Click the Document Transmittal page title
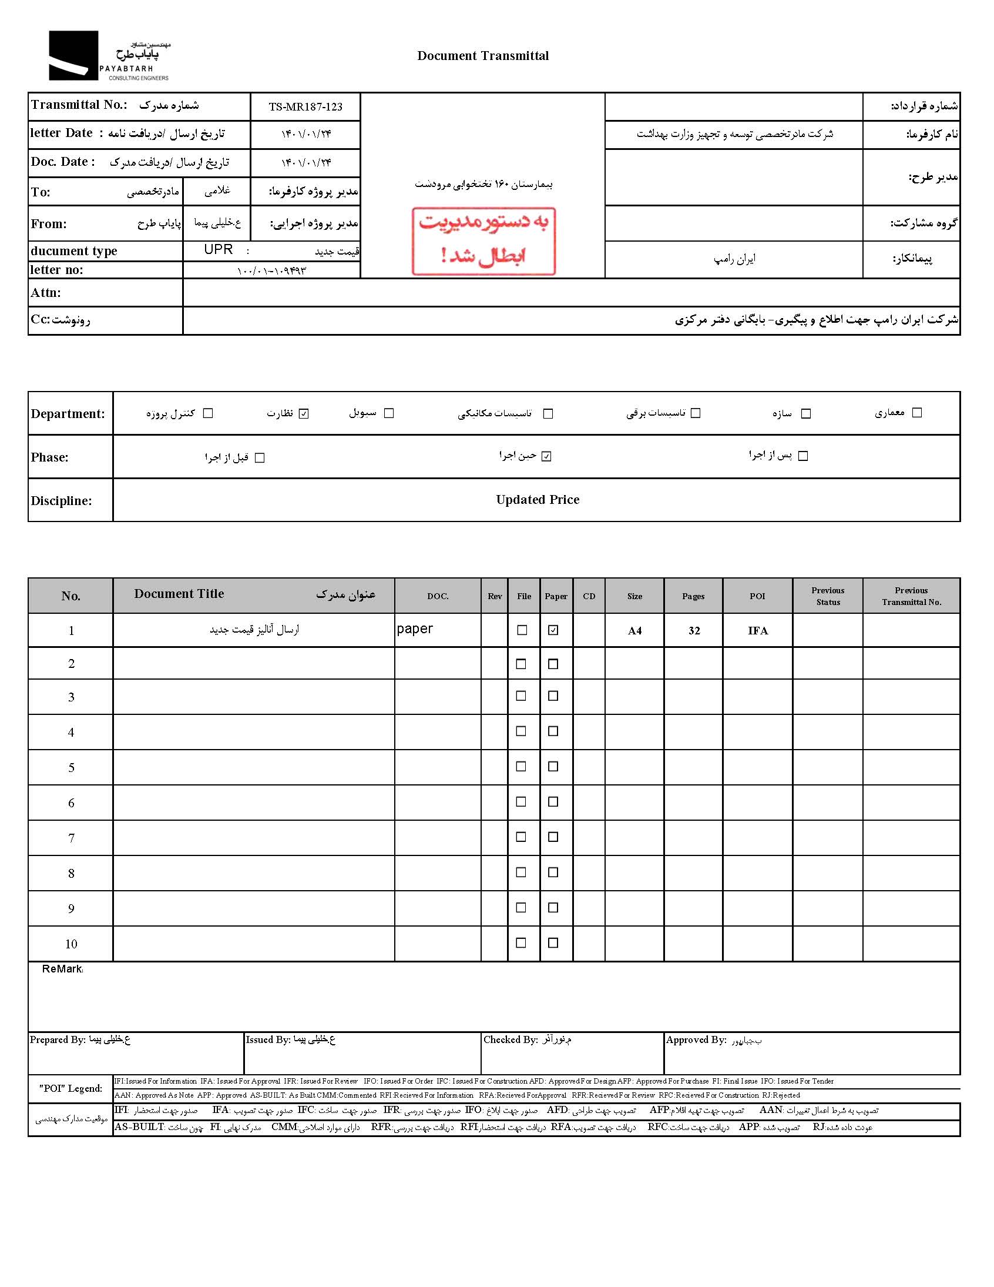click(483, 56)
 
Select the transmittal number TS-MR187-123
click(305, 106)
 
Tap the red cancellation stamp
click(483, 240)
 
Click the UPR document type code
click(219, 249)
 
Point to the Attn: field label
click(46, 293)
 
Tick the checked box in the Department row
click(304, 414)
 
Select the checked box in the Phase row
click(546, 457)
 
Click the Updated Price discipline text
click(537, 500)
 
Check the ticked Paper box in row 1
click(553, 630)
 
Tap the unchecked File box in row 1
click(522, 630)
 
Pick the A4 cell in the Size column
click(634, 630)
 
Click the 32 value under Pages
click(694, 630)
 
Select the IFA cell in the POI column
click(757, 630)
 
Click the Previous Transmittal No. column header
click(911, 596)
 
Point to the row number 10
click(70, 944)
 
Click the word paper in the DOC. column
click(415, 629)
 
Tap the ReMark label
click(62, 969)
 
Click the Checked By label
click(510, 1039)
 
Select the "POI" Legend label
click(70, 1088)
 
